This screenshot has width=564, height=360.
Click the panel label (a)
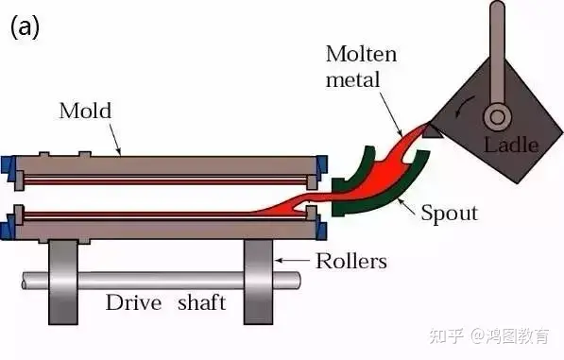pyautogui.click(x=25, y=27)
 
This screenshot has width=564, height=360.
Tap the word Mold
pyautogui.click(x=85, y=111)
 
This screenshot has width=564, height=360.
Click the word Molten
pyautogui.click(x=361, y=54)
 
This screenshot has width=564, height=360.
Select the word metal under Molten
pyautogui.click(x=352, y=79)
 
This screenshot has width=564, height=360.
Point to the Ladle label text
pyautogui.click(x=511, y=145)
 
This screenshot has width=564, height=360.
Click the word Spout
pyautogui.click(x=450, y=213)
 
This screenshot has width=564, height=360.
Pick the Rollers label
pyautogui.click(x=351, y=261)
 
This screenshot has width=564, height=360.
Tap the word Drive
pyautogui.click(x=133, y=302)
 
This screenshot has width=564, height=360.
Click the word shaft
pyautogui.click(x=202, y=302)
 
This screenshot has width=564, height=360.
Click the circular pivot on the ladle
pyautogui.click(x=497, y=117)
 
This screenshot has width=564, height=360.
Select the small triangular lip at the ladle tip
pyautogui.click(x=432, y=132)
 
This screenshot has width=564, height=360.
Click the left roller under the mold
pyautogui.click(x=63, y=283)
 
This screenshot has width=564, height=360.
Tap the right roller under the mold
pyautogui.click(x=258, y=283)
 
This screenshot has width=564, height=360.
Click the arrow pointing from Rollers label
pyautogui.click(x=292, y=260)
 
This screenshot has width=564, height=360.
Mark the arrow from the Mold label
pyautogui.click(x=115, y=140)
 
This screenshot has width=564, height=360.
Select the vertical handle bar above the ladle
pyautogui.click(x=497, y=53)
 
